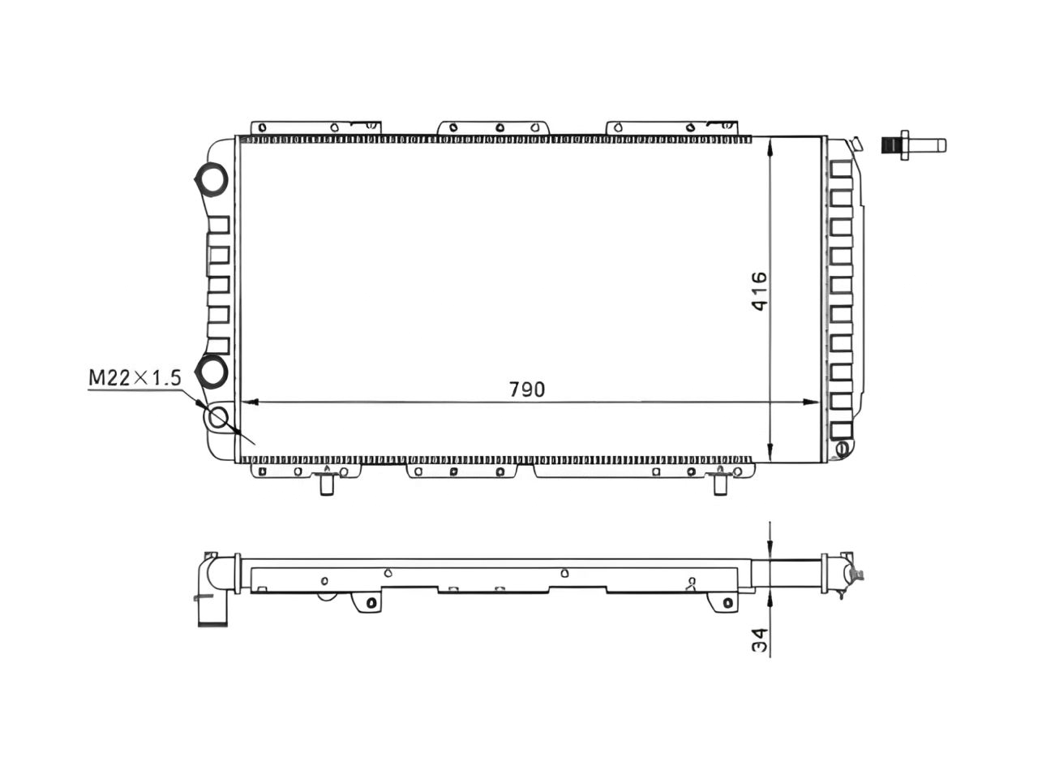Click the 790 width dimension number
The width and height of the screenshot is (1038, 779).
tap(527, 389)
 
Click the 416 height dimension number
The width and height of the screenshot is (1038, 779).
tap(758, 292)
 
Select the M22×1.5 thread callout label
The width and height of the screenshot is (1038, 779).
tap(134, 377)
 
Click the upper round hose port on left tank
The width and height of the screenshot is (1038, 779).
tap(213, 179)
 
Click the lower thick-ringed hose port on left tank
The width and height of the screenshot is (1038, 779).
tap(213, 371)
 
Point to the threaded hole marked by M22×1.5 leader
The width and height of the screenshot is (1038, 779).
tap(217, 419)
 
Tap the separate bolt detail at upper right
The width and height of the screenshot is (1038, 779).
tap(912, 145)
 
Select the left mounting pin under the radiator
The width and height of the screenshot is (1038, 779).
tap(327, 484)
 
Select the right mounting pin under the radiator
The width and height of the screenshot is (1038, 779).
tap(719, 484)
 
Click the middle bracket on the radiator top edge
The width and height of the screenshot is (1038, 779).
tap(493, 127)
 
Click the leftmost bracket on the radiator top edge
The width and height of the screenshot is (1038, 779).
tap(316, 127)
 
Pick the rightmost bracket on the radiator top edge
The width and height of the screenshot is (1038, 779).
tap(673, 127)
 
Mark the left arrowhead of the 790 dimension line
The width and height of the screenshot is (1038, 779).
tap(250, 402)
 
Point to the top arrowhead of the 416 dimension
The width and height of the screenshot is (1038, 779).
tap(770, 146)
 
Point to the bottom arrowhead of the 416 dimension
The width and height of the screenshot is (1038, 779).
tap(770, 454)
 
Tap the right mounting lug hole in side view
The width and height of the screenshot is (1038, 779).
tap(727, 603)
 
